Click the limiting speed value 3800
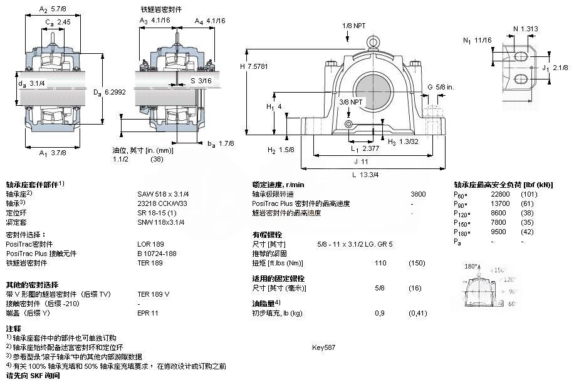418,194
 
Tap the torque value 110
380,263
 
